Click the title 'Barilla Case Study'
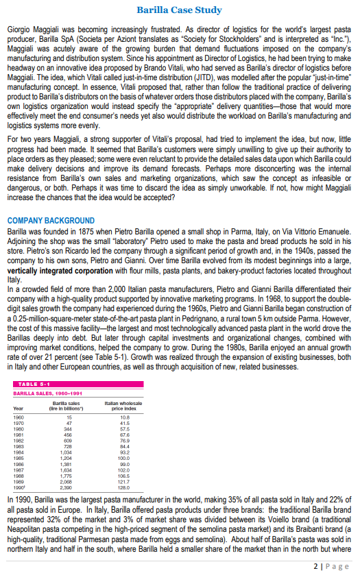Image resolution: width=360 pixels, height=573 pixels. tap(180, 10)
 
